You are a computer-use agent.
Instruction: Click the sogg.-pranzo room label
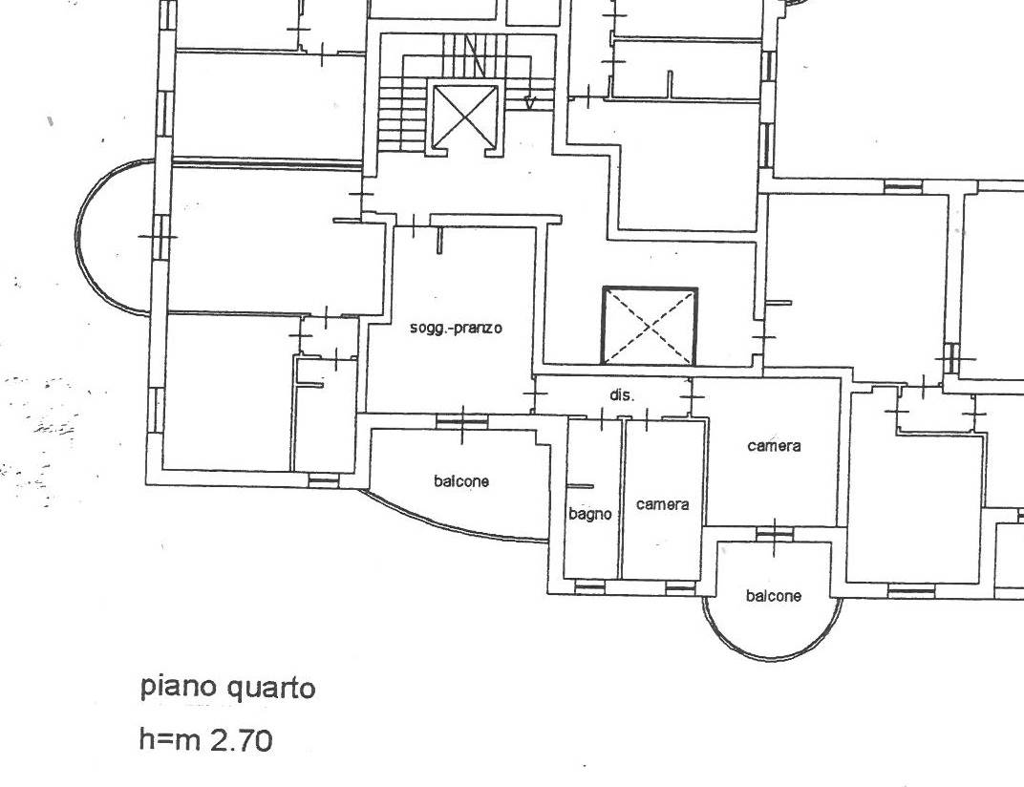point(456,328)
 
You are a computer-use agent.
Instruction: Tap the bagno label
point(589,514)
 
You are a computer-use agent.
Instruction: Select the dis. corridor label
point(622,395)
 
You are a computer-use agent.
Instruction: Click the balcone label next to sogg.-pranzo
point(461,481)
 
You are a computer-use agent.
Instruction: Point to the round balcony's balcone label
point(773,596)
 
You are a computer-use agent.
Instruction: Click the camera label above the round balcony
point(774,446)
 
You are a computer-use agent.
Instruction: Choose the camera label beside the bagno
point(662,504)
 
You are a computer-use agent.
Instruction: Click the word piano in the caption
point(179,688)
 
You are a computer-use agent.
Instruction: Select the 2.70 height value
point(241,740)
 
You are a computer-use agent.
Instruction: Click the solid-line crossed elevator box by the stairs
point(465,117)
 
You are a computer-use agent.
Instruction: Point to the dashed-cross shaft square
point(650,326)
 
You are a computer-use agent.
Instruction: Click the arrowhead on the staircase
point(530,102)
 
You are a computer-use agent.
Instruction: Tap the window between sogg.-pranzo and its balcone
point(461,422)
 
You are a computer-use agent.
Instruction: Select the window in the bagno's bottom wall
point(589,587)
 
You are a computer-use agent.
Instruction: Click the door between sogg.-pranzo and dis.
point(535,393)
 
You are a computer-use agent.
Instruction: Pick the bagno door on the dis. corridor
point(601,418)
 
